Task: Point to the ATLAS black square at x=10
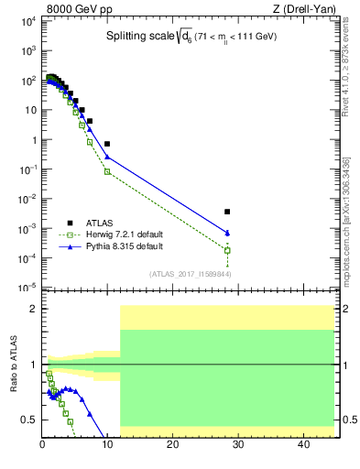(x=107, y=144)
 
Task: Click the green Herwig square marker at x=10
(x=107, y=171)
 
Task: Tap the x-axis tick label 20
(x=172, y=446)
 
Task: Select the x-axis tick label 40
(x=302, y=446)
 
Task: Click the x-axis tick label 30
(x=237, y=446)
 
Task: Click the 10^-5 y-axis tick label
(x=27, y=288)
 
